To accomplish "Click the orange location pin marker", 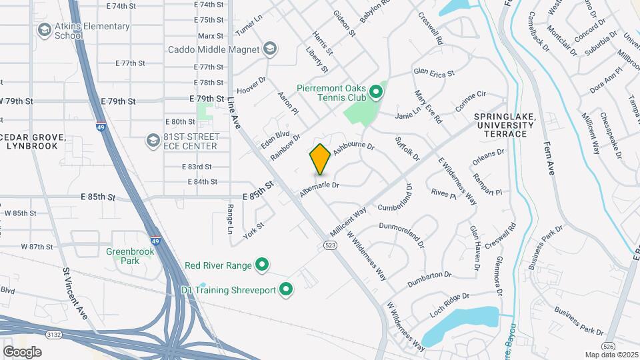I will coord(320,159).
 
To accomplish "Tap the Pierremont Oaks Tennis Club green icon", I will coord(375,92).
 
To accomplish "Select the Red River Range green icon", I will coord(262,265).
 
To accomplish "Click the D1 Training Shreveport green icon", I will coord(287,289).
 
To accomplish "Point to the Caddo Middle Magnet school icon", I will coord(270,49).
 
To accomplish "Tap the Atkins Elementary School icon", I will coord(44,30).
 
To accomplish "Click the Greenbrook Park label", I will coord(131,256).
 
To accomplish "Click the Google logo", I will coord(22,351).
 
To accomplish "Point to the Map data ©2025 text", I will coord(611,355).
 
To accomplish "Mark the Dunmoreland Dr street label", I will coord(401,235).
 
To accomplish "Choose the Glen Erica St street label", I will coord(433,73).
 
